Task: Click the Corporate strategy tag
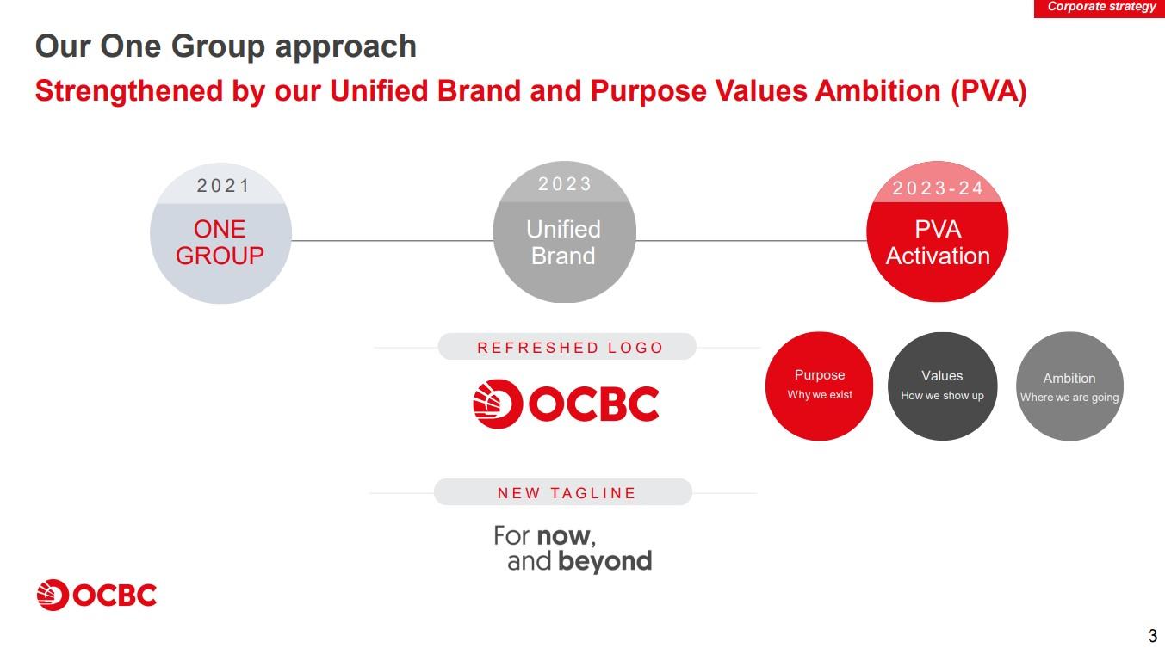pos(1100,9)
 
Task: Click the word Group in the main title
pos(218,47)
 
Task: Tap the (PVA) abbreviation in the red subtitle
pos(988,91)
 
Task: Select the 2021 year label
pos(224,186)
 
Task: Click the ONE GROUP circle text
pos(220,243)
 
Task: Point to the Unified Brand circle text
pos(564,243)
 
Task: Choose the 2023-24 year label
pos(938,188)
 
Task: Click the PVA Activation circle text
pos(938,243)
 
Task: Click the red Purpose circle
pos(819,386)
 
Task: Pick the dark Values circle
pos(942,386)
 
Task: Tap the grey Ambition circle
pos(1069,386)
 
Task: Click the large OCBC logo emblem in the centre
pos(497,404)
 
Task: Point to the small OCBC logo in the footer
pos(96,595)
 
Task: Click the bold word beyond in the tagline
pos(604,561)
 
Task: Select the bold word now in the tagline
pos(564,537)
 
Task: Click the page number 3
pos(1153,636)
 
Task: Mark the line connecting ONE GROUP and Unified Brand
pos(392,241)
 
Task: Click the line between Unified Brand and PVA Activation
pos(751,241)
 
